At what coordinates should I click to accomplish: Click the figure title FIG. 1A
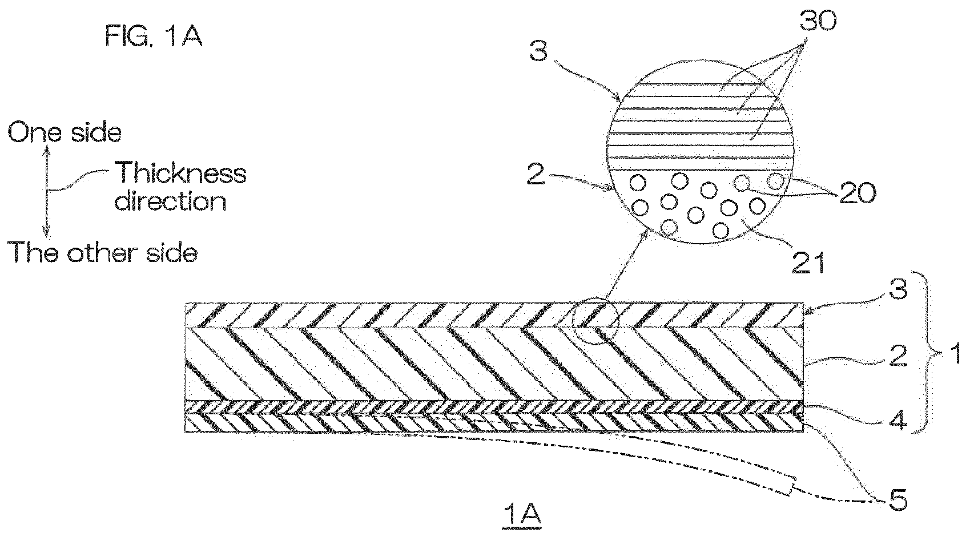click(x=154, y=36)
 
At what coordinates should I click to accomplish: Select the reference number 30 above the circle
click(x=818, y=21)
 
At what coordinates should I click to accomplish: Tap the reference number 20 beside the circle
click(x=858, y=193)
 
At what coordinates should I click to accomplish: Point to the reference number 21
click(x=808, y=263)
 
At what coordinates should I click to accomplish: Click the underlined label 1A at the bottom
click(x=522, y=514)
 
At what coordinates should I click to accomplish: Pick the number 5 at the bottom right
click(x=898, y=500)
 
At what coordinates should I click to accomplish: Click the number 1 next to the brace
click(x=956, y=353)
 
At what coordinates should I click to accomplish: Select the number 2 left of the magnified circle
click(x=536, y=174)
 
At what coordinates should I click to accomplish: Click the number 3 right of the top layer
click(x=899, y=289)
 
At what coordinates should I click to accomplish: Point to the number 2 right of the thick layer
click(x=898, y=356)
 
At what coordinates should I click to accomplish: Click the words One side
click(x=65, y=132)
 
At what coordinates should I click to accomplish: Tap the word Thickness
click(x=181, y=173)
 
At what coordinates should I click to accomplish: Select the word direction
click(x=170, y=201)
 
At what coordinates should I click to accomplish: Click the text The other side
click(x=103, y=252)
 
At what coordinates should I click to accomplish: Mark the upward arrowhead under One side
click(x=47, y=151)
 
